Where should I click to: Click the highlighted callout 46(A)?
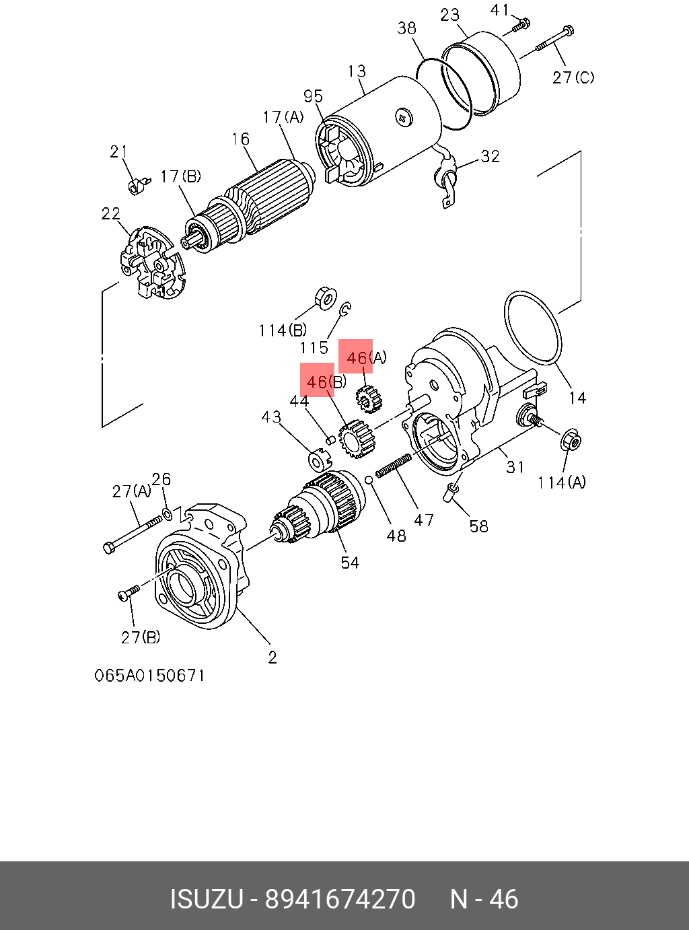click(x=357, y=357)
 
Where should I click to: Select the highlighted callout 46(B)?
click(x=318, y=382)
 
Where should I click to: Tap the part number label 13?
click(x=357, y=71)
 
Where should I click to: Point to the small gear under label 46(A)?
click(x=366, y=399)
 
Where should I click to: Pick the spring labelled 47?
click(x=394, y=466)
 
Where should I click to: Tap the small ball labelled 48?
click(x=369, y=479)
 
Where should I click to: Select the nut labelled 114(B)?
click(x=326, y=297)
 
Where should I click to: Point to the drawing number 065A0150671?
click(x=149, y=675)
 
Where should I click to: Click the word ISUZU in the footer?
click(x=206, y=900)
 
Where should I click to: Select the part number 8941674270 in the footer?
click(x=340, y=900)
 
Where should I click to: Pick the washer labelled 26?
click(x=168, y=514)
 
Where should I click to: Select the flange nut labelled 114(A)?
click(x=571, y=441)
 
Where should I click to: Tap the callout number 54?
click(x=350, y=563)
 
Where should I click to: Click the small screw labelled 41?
click(x=519, y=26)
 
